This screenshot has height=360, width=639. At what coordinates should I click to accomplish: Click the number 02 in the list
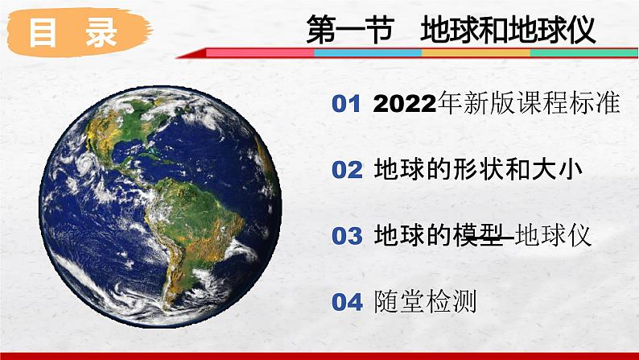tap(348, 170)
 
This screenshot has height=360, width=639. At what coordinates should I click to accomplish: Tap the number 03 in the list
tap(348, 236)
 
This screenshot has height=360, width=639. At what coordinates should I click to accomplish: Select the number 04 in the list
tap(348, 302)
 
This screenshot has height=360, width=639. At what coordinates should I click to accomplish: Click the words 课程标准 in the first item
tap(576, 104)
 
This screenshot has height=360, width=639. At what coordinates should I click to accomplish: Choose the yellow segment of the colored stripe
tap(475, 52)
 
